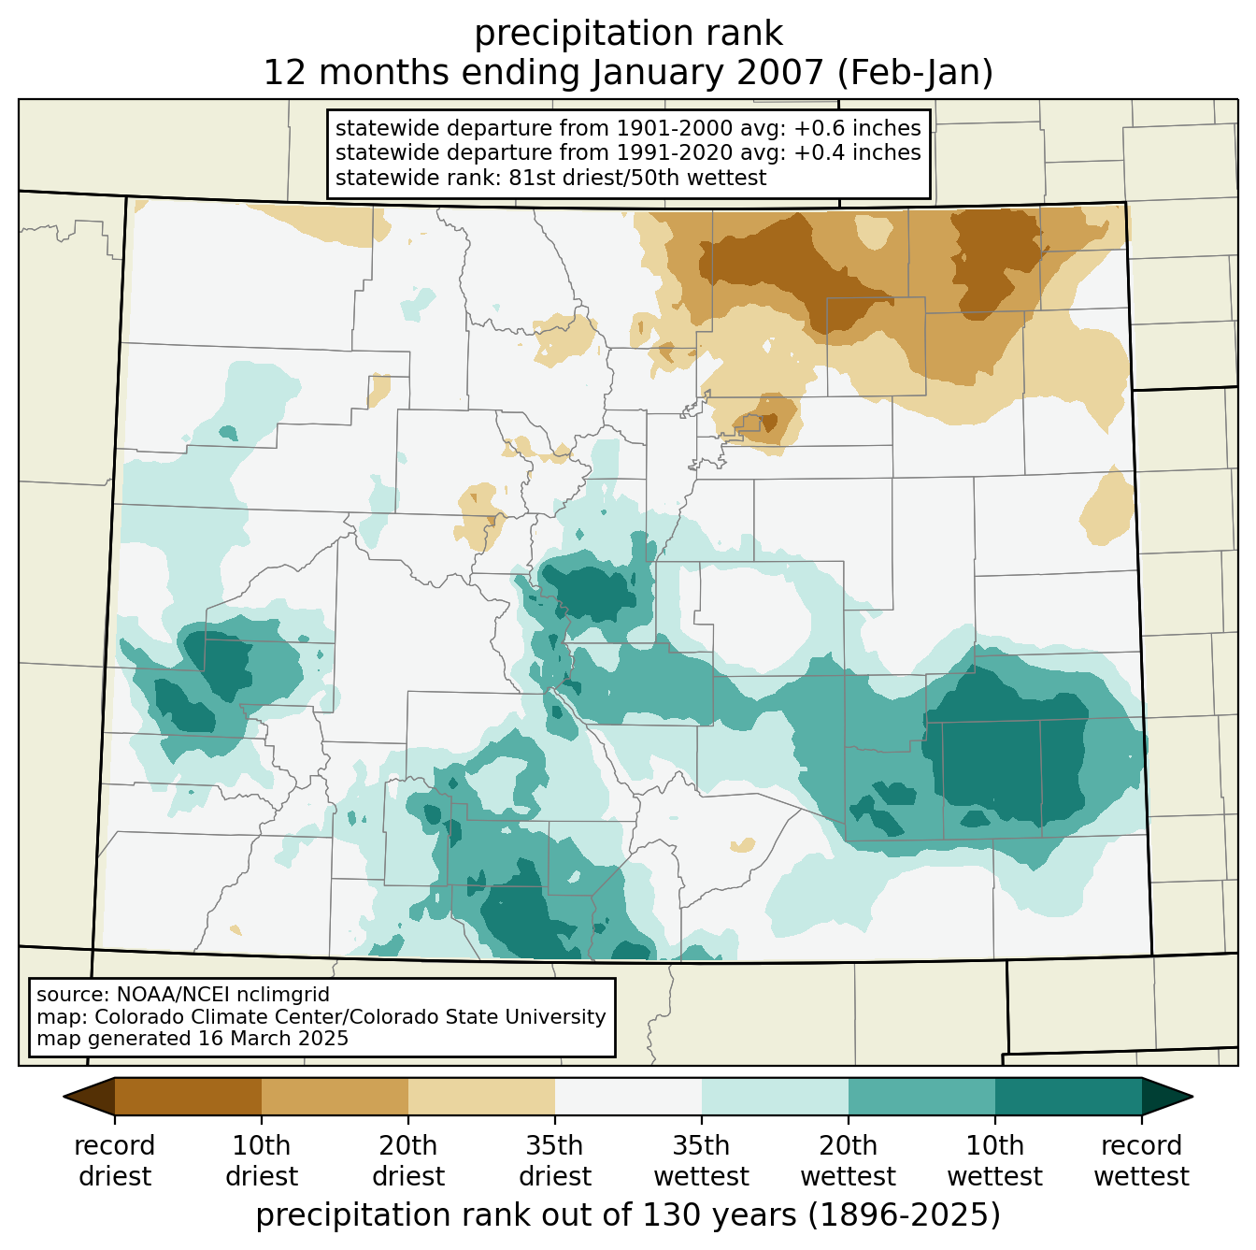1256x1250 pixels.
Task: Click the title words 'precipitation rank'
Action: tap(628, 34)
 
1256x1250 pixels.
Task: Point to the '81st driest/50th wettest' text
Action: tap(636, 178)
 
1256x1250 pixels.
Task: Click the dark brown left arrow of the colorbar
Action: tap(93, 1097)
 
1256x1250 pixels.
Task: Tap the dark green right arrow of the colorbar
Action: tap(1164, 1097)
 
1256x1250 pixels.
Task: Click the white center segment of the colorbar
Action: tap(628, 1097)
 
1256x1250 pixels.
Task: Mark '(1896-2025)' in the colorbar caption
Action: tap(904, 1215)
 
